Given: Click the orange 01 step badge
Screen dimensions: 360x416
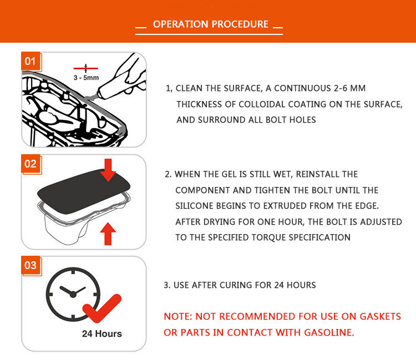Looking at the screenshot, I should coord(30,60).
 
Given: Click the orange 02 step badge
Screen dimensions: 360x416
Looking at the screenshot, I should coord(30,164).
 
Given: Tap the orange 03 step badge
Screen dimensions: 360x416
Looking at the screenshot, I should coord(30,265).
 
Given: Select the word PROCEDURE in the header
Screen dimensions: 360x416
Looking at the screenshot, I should coord(242,24).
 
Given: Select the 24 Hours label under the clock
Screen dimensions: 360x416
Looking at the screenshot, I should coord(102,334).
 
